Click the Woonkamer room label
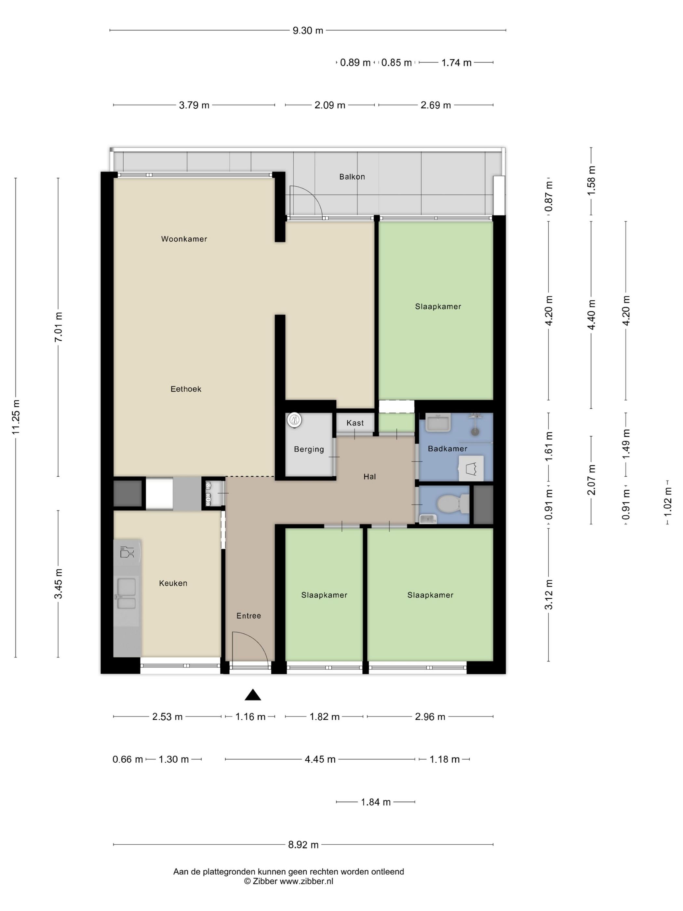click(x=184, y=239)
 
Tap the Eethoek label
click(x=186, y=389)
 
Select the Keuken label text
click(x=173, y=583)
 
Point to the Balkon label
click(x=352, y=177)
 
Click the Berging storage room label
click(x=309, y=449)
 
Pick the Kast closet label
click(x=355, y=423)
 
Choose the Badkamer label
click(x=448, y=448)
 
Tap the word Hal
click(x=370, y=477)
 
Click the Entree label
click(x=249, y=616)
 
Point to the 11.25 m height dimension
click(x=16, y=417)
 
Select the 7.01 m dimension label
click(x=59, y=327)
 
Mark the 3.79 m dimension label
click(x=194, y=105)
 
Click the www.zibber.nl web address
click(x=306, y=881)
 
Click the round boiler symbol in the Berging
click(x=294, y=420)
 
